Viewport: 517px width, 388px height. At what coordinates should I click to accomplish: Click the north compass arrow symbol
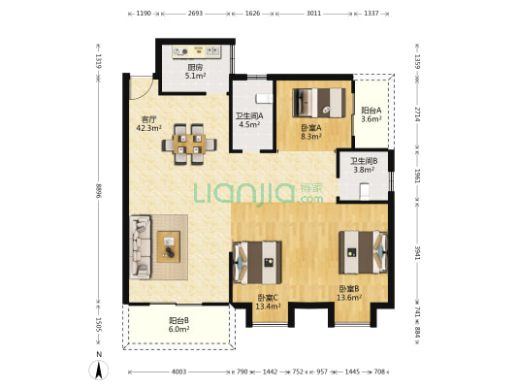[x=99, y=370]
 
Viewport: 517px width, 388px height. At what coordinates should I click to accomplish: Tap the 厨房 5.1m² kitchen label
[x=195, y=72]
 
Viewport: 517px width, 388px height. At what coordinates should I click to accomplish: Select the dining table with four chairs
[x=189, y=145]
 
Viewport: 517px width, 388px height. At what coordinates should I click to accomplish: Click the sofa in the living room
[x=141, y=247]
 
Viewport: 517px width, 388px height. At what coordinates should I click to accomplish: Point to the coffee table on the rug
[x=169, y=247]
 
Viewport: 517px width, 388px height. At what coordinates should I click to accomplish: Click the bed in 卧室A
[x=319, y=103]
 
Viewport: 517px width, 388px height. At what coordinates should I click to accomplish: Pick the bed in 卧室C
[x=257, y=263]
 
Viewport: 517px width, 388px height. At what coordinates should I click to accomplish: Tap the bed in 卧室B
[x=364, y=252]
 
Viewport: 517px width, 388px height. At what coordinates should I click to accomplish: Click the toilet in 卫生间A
[x=265, y=99]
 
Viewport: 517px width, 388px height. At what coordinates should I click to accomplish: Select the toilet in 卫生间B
[x=365, y=191]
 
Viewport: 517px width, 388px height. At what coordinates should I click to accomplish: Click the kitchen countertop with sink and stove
[x=197, y=52]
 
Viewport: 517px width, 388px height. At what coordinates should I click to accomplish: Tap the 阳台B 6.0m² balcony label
[x=179, y=325]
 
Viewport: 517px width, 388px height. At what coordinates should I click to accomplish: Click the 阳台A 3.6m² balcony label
[x=372, y=114]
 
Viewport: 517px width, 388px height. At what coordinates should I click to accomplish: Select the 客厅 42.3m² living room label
[x=149, y=123]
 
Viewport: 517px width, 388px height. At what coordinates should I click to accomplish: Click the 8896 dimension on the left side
[x=98, y=191]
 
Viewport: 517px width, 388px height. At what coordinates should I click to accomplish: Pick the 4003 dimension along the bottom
[x=179, y=372]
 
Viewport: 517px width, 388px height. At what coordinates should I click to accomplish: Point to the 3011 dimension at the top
[x=313, y=14]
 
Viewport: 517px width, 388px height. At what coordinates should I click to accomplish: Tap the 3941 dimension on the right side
[x=417, y=253]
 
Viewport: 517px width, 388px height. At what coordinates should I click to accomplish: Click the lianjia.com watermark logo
[x=258, y=193]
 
